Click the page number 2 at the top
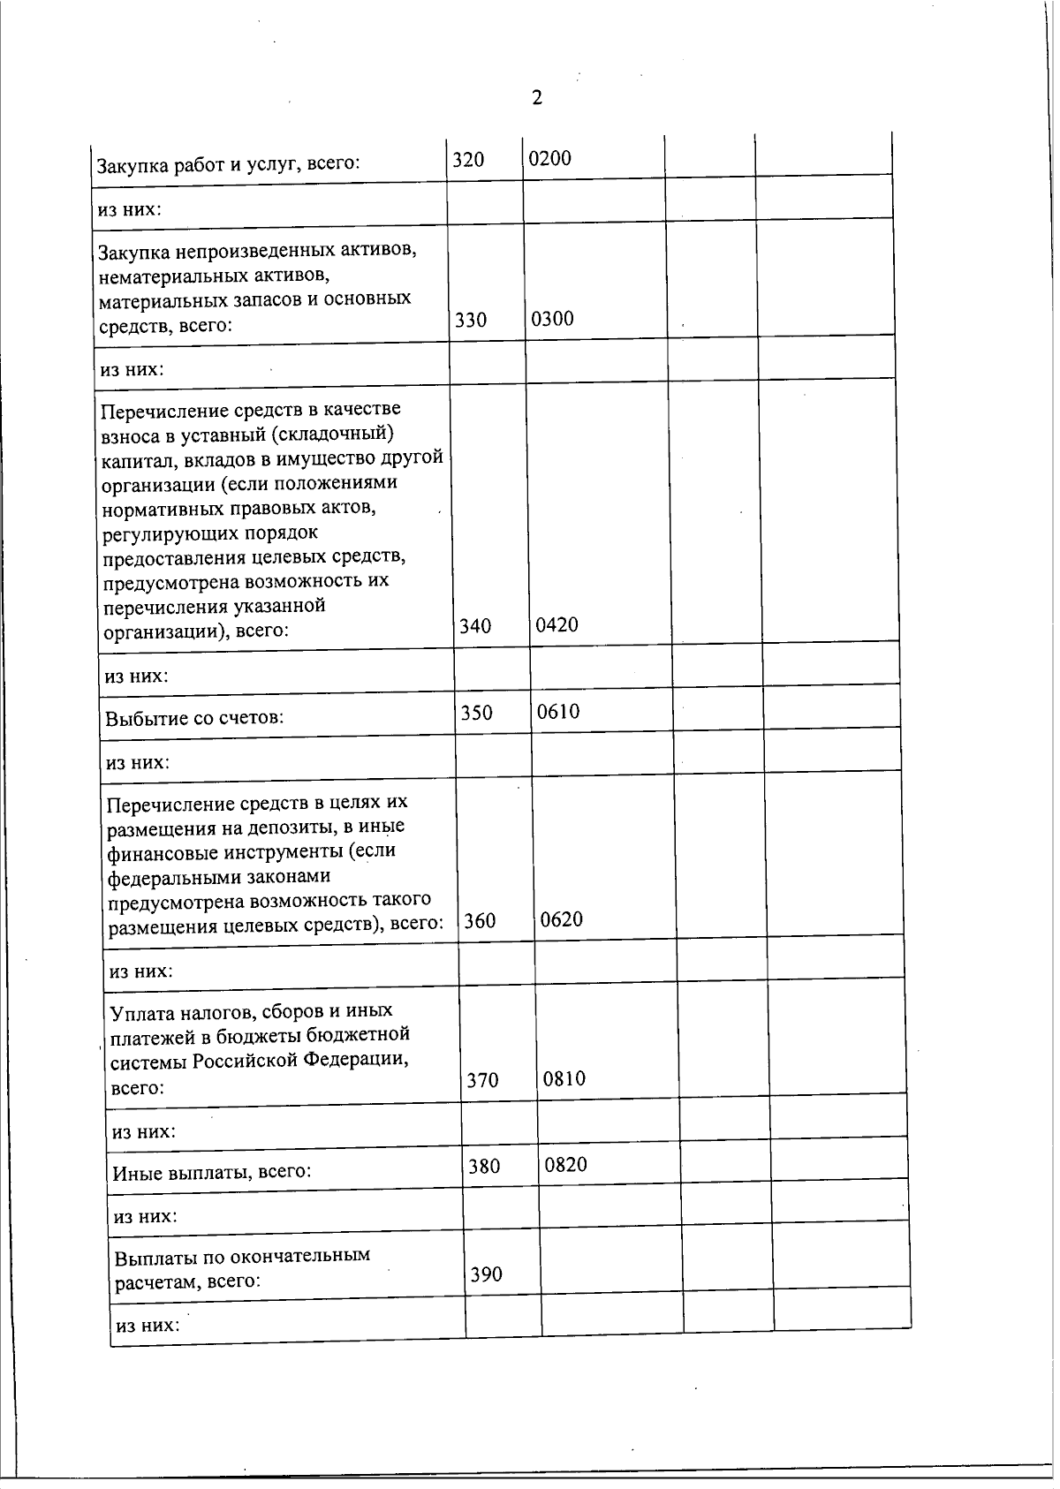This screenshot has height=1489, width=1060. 536,98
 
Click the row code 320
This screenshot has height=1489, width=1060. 468,160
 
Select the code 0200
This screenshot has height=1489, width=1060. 549,159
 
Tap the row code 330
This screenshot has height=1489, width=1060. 471,321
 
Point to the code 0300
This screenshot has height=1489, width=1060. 552,319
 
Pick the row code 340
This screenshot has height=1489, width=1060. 475,626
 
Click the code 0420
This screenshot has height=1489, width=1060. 557,624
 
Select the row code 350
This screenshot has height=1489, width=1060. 477,713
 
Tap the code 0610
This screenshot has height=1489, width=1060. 558,712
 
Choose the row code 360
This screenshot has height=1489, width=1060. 480,921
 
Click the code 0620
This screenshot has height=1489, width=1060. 562,919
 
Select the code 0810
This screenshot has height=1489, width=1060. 564,1079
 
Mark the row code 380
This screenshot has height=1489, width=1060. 484,1167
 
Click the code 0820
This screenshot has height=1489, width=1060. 566,1165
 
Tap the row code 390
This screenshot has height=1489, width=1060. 486,1274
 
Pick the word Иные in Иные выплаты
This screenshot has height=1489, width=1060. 135,1173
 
